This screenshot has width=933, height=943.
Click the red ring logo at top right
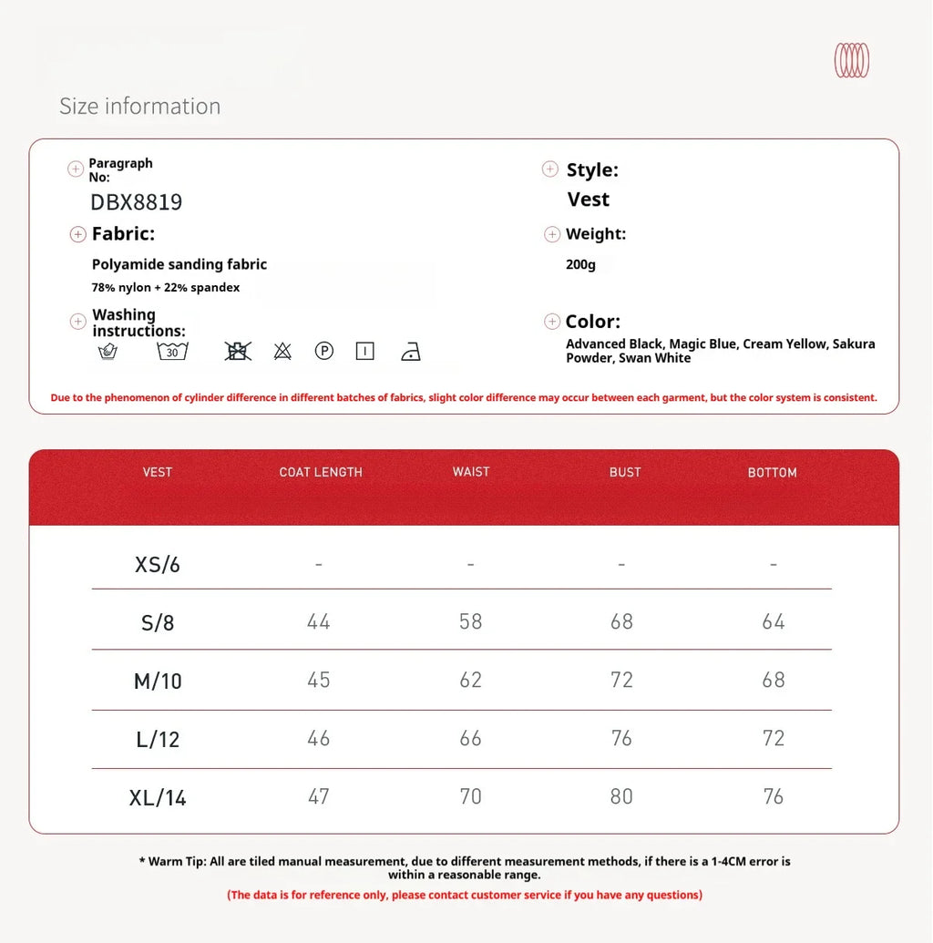tap(852, 60)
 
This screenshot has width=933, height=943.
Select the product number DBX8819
tap(137, 202)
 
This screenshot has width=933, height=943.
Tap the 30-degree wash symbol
tap(172, 352)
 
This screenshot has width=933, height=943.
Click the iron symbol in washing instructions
tap(411, 352)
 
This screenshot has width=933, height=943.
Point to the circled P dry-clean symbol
tap(323, 351)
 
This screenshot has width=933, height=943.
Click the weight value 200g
tap(580, 265)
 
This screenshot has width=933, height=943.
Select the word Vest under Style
tap(589, 200)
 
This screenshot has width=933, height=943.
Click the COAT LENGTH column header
tap(321, 472)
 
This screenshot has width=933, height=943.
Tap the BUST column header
tap(625, 472)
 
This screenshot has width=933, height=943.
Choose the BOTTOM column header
tap(773, 472)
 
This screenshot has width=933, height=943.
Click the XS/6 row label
tap(158, 565)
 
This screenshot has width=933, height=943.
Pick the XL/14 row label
tap(158, 798)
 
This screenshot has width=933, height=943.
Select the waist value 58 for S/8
tap(471, 621)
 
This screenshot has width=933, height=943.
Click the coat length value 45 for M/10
tap(319, 680)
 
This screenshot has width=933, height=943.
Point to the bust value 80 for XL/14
tap(621, 796)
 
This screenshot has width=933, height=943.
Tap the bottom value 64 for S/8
tap(774, 621)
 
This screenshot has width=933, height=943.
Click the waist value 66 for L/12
tap(471, 738)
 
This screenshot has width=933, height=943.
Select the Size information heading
tap(140, 107)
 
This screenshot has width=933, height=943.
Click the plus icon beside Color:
tap(552, 322)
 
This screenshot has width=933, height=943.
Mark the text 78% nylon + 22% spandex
tap(166, 288)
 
